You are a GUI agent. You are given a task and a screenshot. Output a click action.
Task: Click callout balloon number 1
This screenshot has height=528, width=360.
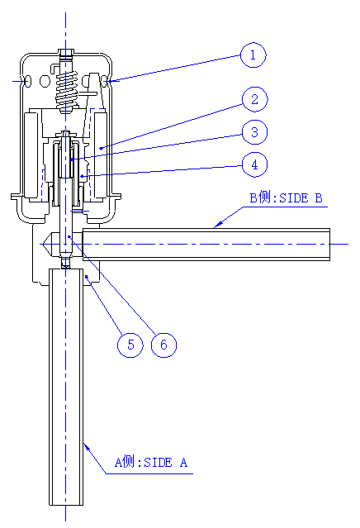click(x=253, y=55)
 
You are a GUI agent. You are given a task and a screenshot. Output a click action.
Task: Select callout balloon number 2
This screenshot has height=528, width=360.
click(x=254, y=99)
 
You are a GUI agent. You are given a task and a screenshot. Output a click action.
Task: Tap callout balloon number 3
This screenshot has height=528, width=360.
click(x=254, y=132)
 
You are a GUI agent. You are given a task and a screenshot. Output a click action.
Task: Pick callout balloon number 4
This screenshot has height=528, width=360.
click(x=254, y=164)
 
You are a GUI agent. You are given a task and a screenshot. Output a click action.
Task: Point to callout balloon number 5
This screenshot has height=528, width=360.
click(x=130, y=345)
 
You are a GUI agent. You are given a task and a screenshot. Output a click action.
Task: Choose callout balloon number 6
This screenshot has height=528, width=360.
click(x=163, y=345)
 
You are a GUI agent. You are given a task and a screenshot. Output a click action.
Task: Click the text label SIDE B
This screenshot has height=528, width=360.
click(x=301, y=198)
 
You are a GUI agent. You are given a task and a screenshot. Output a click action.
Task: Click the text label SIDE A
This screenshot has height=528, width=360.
click(x=165, y=463)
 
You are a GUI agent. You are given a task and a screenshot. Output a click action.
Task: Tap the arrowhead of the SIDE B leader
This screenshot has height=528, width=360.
click(x=218, y=224)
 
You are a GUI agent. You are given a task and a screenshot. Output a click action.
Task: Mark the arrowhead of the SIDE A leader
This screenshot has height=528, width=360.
click(x=87, y=447)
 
